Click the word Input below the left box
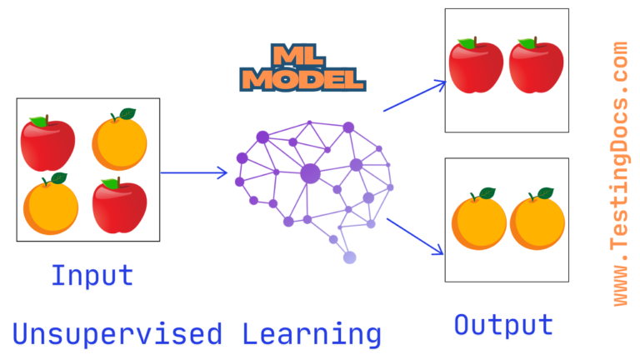click(92, 275)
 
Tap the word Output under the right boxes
click(503, 324)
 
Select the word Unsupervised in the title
click(117, 334)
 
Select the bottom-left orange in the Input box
click(51, 205)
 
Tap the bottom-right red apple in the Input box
click(120, 207)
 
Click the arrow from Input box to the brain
click(193, 173)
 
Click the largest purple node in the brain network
click(310, 173)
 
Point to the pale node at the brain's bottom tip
click(349, 257)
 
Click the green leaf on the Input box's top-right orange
click(127, 114)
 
